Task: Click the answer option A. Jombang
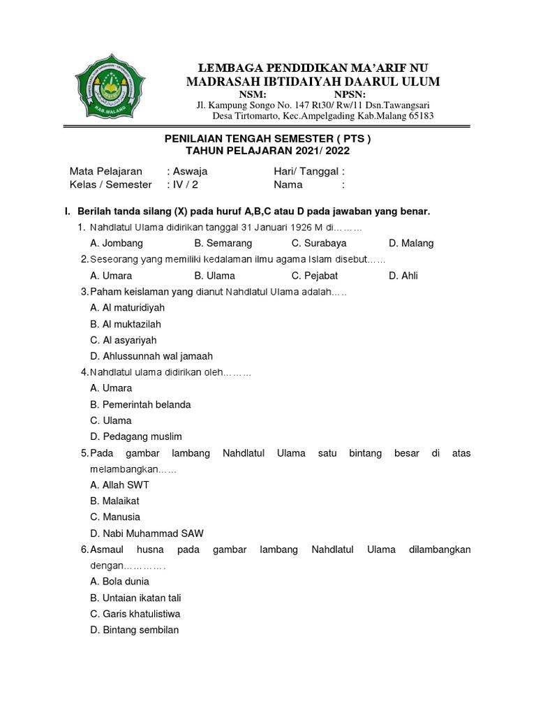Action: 117,243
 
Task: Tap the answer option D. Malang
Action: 411,243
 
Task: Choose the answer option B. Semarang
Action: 223,243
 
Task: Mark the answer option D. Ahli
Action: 403,276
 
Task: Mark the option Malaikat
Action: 115,501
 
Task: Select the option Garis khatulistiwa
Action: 135,614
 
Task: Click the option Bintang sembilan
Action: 135,630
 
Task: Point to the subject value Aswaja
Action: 189,171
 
